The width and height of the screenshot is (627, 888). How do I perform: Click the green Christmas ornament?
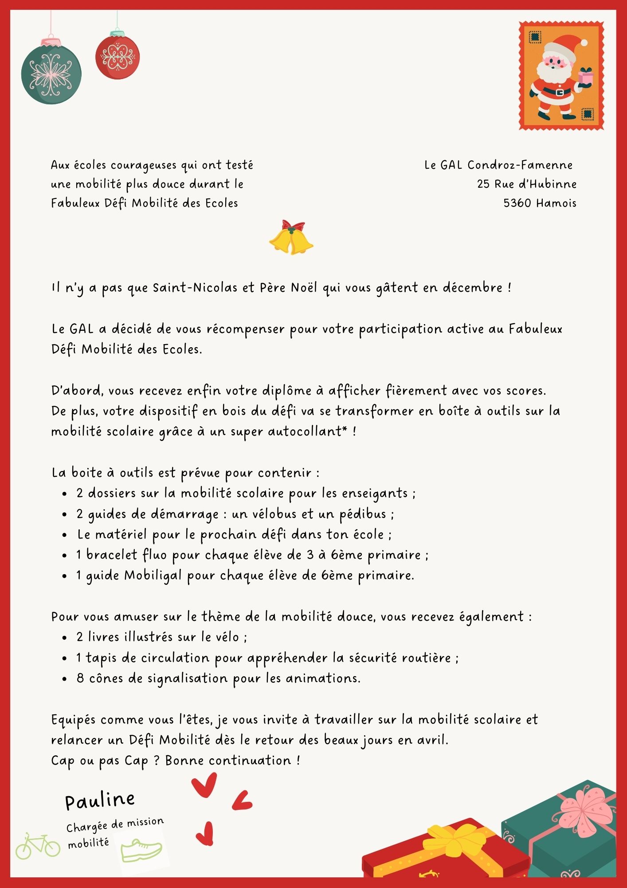51,73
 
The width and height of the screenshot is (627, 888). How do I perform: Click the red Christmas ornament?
118,57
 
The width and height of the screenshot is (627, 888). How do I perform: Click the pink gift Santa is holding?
586,77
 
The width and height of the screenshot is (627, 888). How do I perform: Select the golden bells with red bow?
291,238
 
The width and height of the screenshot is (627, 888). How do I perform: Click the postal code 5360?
517,203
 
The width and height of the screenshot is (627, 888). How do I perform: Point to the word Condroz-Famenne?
520,165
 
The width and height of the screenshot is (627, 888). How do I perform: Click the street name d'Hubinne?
548,184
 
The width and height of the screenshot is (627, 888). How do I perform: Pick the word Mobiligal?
153,575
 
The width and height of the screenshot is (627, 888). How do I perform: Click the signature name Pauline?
100,801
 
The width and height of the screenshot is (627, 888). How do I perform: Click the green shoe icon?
141,850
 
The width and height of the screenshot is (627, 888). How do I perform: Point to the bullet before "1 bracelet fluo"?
65,556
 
